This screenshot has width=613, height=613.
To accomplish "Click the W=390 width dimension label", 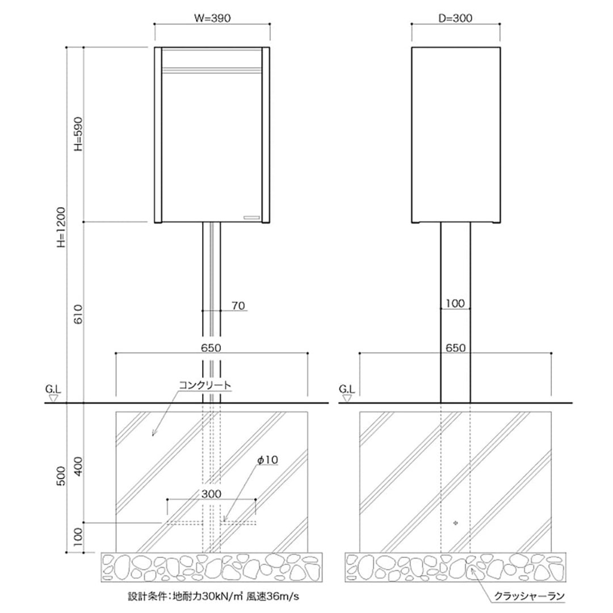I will click(x=213, y=18).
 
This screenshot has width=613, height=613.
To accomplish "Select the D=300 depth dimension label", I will click(x=455, y=18).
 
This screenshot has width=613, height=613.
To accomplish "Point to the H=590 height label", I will click(x=78, y=135).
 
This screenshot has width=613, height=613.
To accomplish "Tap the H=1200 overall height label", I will click(x=62, y=226).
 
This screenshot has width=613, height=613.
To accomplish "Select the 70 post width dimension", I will click(x=238, y=306).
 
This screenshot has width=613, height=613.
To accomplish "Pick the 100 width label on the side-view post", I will click(x=455, y=304).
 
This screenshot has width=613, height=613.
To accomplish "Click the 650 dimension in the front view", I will click(x=211, y=347).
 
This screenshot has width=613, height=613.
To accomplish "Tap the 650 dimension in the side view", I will click(x=455, y=347).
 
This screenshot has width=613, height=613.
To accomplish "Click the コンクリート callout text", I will click(x=205, y=385).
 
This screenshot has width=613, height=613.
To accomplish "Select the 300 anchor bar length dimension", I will click(x=211, y=494).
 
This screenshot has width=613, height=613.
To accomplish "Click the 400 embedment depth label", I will click(x=78, y=464).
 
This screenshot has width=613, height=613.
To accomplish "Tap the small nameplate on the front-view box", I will click(x=250, y=217).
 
